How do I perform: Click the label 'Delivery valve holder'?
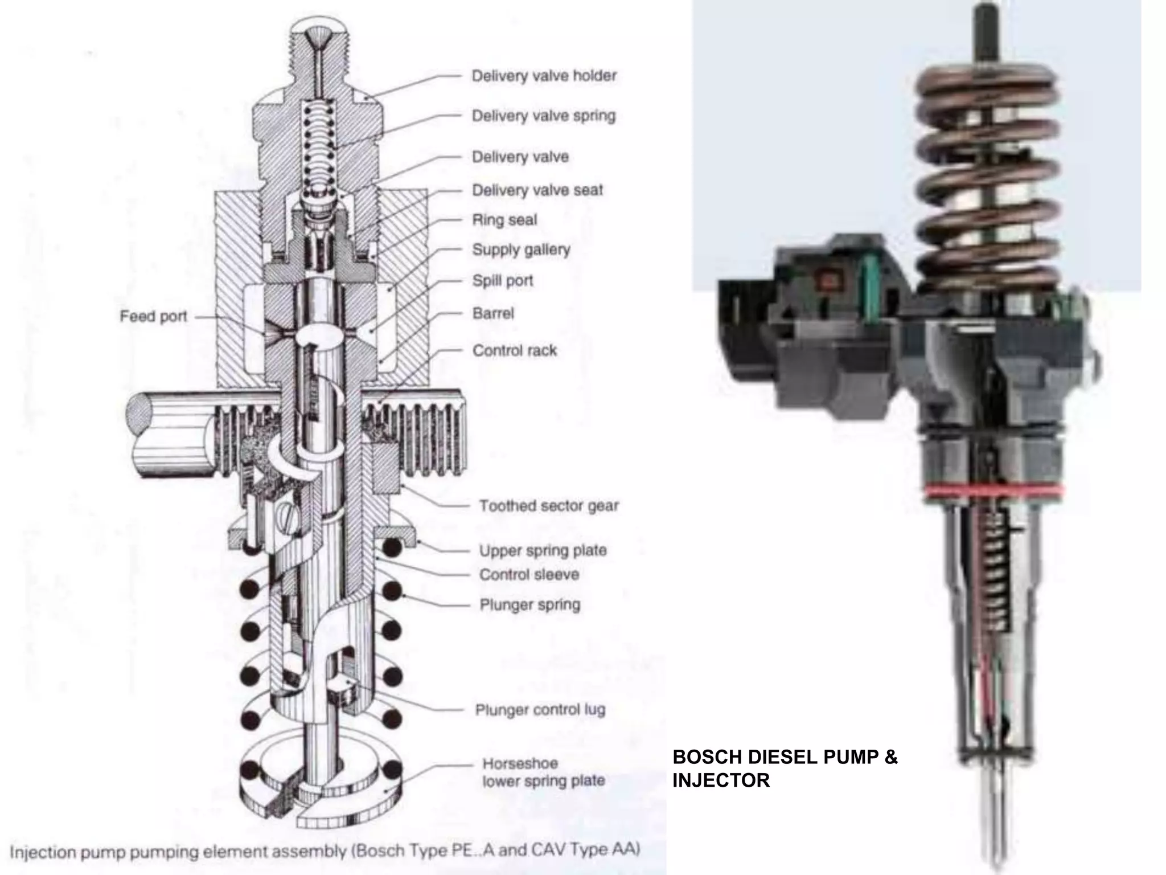point(544,76)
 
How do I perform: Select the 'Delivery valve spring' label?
point(544,116)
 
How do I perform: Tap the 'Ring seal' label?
point(504,220)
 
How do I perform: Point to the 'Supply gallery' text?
point(521,250)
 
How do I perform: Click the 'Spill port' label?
point(503,281)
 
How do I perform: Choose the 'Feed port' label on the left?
point(153,316)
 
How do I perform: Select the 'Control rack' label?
point(515,350)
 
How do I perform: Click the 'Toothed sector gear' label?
point(549,506)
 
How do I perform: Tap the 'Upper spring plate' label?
point(543,551)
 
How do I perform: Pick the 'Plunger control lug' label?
point(540,710)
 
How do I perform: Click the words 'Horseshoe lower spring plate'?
point(543,772)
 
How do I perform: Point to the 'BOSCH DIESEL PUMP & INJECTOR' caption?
point(785,768)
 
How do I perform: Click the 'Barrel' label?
point(493,313)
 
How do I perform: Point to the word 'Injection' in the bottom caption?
point(43,853)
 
